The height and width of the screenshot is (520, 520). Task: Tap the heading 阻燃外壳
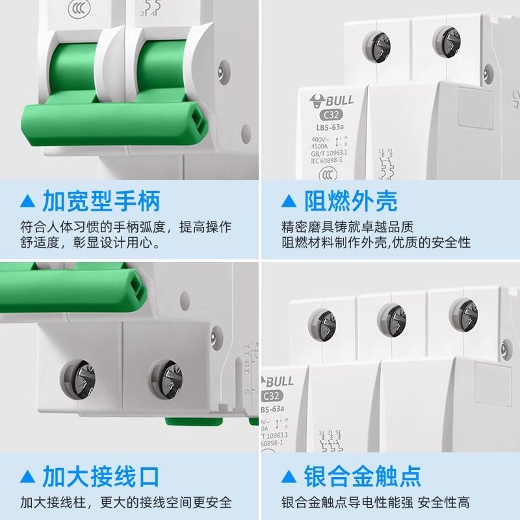(x=351, y=201)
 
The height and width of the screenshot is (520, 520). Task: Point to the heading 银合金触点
(x=363, y=476)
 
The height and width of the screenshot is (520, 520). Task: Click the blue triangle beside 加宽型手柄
(x=27, y=201)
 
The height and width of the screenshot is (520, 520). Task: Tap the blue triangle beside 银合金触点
(x=289, y=476)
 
